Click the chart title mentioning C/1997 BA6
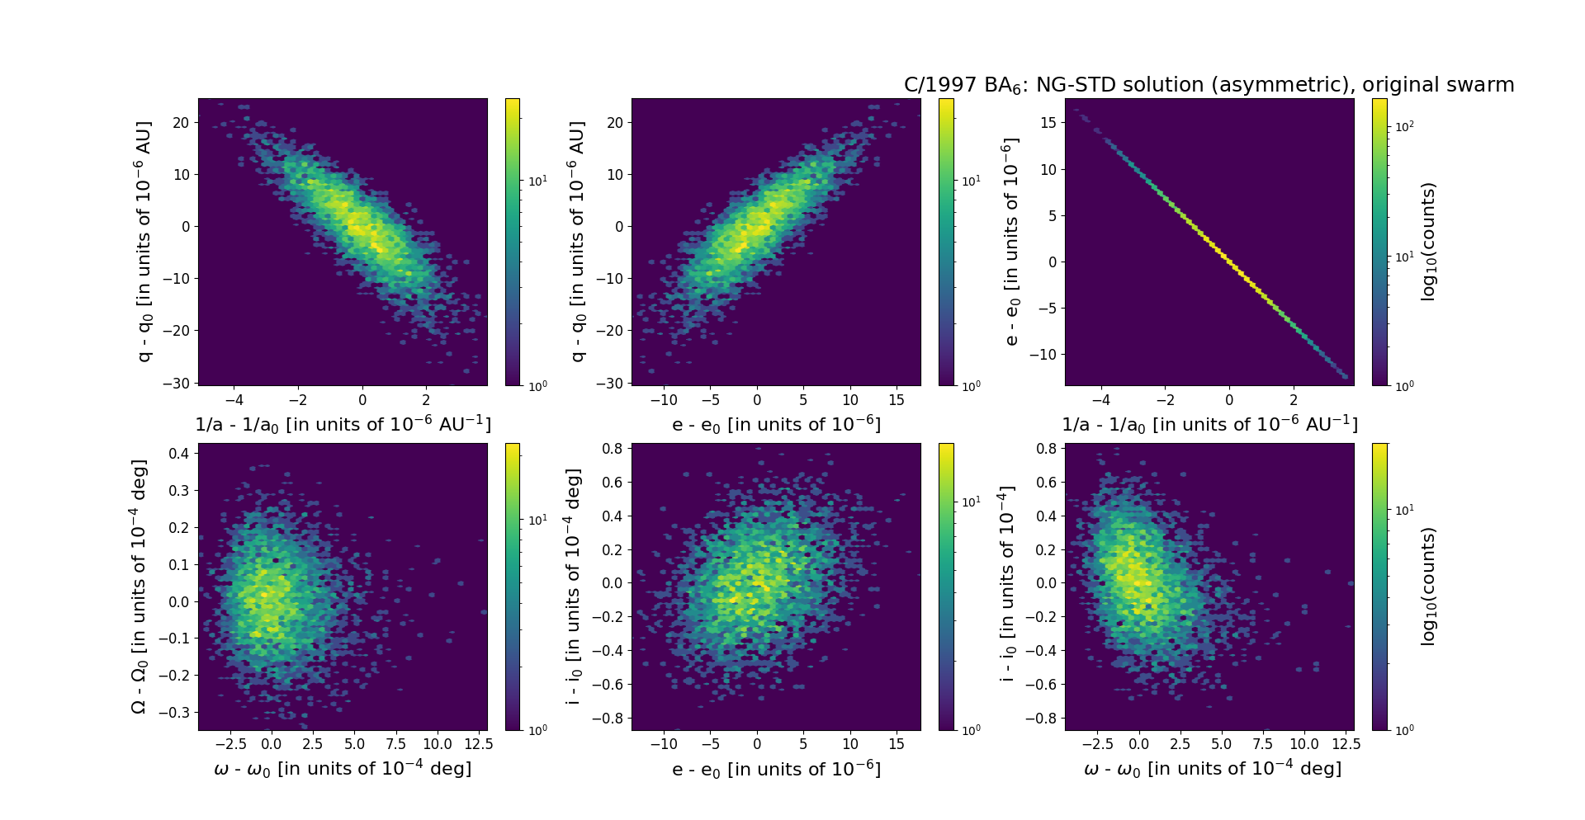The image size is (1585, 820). pyautogui.click(x=1209, y=85)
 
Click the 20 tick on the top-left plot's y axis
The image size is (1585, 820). pyautogui.click(x=180, y=123)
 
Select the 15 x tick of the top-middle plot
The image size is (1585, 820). pyautogui.click(x=897, y=400)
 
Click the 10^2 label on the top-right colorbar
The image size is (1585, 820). pyautogui.click(x=1403, y=126)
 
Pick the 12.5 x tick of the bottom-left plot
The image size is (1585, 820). pyautogui.click(x=479, y=744)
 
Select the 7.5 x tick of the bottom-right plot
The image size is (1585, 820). pyautogui.click(x=1263, y=744)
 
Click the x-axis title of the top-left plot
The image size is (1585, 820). pyautogui.click(x=343, y=424)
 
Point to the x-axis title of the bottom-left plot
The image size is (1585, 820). pyautogui.click(x=343, y=769)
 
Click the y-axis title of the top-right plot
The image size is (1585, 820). pyautogui.click(x=1010, y=241)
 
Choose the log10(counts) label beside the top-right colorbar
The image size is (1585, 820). pyautogui.click(x=1428, y=241)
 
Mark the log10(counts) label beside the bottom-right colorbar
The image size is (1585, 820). pyautogui.click(x=1428, y=586)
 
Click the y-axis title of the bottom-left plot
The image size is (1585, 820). pyautogui.click(x=140, y=586)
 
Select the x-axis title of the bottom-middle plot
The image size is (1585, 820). pyautogui.click(x=776, y=769)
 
